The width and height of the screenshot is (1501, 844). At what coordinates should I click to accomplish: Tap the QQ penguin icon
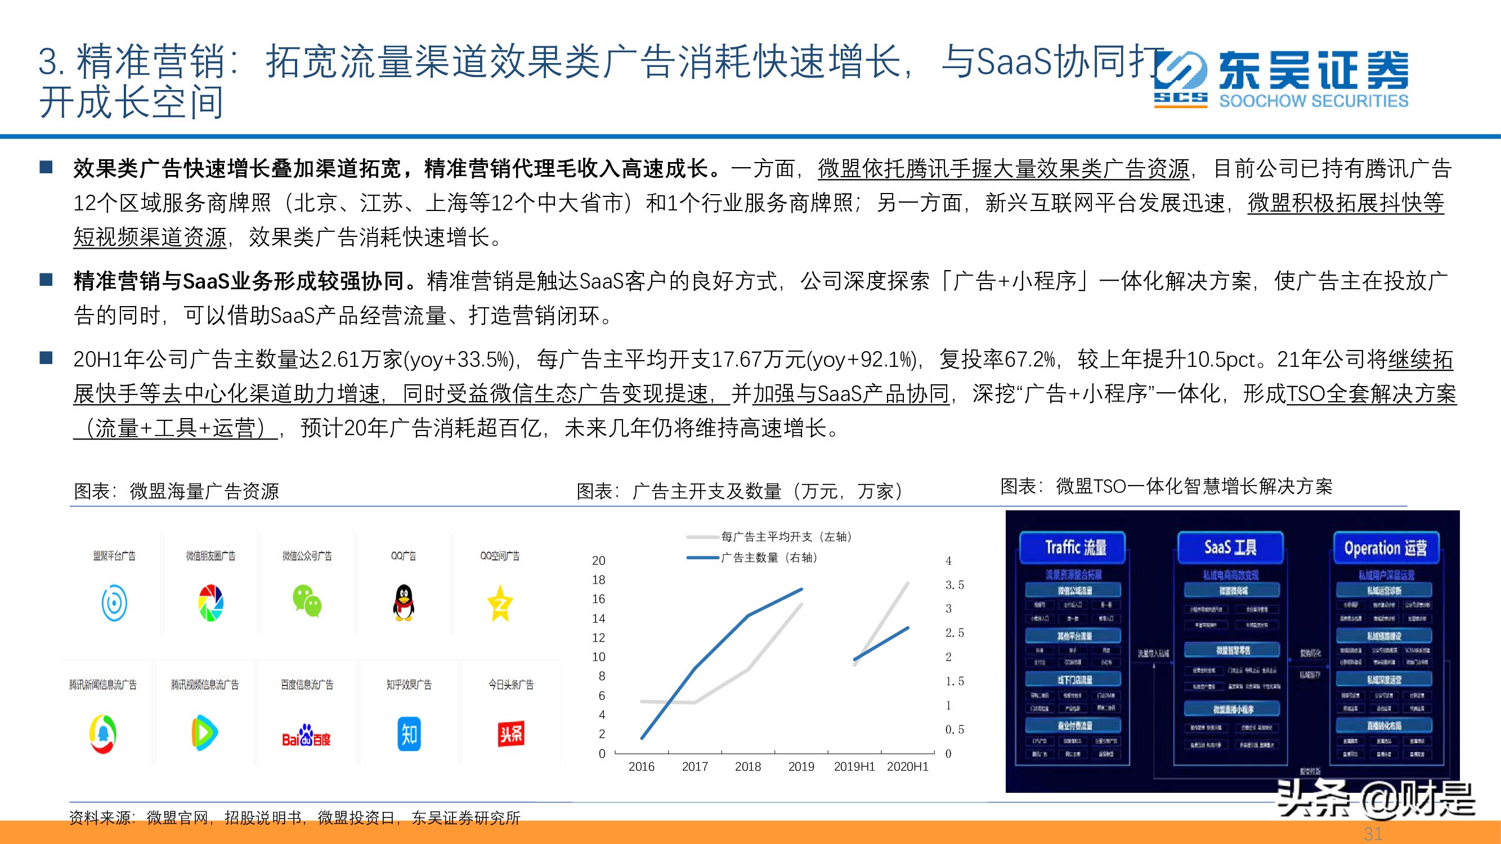[403, 602]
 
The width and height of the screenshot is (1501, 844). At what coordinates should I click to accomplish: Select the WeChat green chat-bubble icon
[307, 601]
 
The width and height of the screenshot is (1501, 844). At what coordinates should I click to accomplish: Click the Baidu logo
[307, 735]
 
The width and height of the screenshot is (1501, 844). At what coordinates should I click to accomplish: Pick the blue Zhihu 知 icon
[409, 734]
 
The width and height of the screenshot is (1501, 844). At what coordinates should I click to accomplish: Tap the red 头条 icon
[511, 734]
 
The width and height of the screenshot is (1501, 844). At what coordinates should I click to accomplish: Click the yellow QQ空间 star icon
[500, 603]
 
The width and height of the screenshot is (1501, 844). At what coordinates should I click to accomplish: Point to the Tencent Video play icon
[204, 733]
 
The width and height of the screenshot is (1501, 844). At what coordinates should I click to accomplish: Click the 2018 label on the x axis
[747, 766]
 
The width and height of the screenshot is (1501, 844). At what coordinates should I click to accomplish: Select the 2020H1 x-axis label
[907, 766]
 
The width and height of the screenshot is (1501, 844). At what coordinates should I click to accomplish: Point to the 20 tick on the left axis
[598, 560]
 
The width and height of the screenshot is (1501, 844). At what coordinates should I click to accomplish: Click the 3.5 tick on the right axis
[955, 585]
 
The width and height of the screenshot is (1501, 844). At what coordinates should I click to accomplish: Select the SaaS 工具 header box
[1230, 547]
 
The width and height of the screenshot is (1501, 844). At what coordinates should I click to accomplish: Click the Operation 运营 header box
[1386, 548]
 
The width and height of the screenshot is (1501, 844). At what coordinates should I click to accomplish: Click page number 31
[1373, 833]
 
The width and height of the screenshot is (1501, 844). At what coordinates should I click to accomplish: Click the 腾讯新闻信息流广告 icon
[103, 734]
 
